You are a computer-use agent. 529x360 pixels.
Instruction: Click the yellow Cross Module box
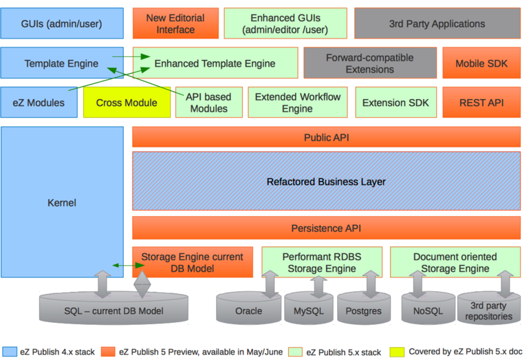pyautogui.click(x=127, y=103)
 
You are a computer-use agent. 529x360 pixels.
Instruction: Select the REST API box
pyautogui.click(x=481, y=103)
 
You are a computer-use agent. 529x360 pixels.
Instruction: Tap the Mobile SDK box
pyautogui.click(x=481, y=63)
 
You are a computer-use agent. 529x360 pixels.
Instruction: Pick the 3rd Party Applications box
pyautogui.click(x=437, y=23)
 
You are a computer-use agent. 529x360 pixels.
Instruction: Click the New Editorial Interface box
pyautogui.click(x=175, y=23)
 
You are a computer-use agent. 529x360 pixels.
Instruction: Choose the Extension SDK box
pyautogui.click(x=396, y=103)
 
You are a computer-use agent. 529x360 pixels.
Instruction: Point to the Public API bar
pyautogui.click(x=326, y=137)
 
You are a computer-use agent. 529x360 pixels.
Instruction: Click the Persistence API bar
pyautogui.click(x=326, y=228)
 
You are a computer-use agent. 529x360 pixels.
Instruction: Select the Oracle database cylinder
pyautogui.click(x=248, y=310)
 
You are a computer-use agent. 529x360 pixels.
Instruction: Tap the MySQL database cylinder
pyautogui.click(x=308, y=310)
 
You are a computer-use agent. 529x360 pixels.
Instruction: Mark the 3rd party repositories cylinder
pyautogui.click(x=490, y=311)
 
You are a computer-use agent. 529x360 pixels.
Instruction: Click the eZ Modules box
pyautogui.click(x=39, y=103)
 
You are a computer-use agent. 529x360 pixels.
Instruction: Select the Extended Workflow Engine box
pyautogui.click(x=297, y=103)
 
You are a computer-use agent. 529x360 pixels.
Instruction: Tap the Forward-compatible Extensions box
pyautogui.click(x=369, y=63)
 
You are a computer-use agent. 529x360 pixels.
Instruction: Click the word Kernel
pyautogui.click(x=62, y=202)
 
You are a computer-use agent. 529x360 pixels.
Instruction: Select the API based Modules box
pyautogui.click(x=208, y=103)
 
